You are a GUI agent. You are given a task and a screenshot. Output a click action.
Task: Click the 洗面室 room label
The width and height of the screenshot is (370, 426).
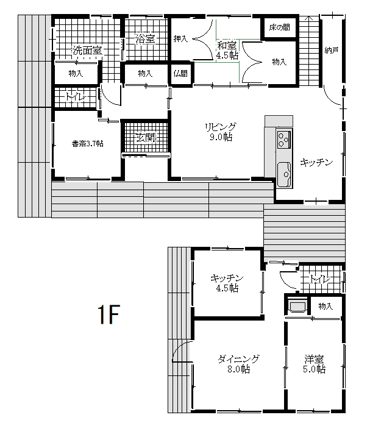pyautogui.click(x=87, y=50)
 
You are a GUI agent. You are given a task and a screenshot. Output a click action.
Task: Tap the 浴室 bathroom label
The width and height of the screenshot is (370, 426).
pyautogui.click(x=145, y=39)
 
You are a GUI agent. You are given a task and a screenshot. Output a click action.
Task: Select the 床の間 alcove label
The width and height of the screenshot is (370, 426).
pyautogui.click(x=279, y=27)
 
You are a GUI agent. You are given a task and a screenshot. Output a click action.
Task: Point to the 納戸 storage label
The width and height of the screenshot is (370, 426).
pyautogui.click(x=332, y=50)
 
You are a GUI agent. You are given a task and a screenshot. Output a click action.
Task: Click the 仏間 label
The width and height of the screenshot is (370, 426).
pyautogui.click(x=180, y=73)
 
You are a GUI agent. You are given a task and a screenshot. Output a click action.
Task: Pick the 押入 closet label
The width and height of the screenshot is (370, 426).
pyautogui.click(x=180, y=39)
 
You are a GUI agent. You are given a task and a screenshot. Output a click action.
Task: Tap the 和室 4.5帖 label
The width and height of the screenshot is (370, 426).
pyautogui.click(x=227, y=50)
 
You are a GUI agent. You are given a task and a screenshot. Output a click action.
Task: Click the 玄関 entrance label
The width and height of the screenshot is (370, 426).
pyautogui.click(x=146, y=138)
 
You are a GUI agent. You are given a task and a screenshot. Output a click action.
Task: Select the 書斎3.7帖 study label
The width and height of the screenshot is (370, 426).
pyautogui.click(x=88, y=143)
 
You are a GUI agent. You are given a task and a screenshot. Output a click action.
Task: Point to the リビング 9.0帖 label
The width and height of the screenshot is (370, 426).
pyautogui.click(x=221, y=132)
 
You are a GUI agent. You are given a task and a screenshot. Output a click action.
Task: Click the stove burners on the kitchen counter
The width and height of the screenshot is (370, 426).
pyautogui.click(x=284, y=139)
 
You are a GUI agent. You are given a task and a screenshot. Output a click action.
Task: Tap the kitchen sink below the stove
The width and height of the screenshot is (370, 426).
pyautogui.click(x=284, y=175)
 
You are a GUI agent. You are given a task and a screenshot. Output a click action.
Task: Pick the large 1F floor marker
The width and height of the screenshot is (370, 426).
pyautogui.click(x=109, y=314)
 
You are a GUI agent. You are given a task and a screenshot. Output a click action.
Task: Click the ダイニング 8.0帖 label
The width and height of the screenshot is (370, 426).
pyautogui.click(x=238, y=364)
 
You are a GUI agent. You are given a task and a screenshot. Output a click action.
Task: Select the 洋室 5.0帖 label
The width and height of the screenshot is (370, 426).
pyautogui.click(x=315, y=364)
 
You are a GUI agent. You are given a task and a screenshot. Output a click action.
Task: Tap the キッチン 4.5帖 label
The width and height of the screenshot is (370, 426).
pyautogui.click(x=227, y=283)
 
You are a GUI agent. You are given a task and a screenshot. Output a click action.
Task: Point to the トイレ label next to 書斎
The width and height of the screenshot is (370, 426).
pyautogui.click(x=76, y=97)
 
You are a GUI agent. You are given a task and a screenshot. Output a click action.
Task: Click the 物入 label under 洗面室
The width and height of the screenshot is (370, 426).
pyautogui.click(x=76, y=73)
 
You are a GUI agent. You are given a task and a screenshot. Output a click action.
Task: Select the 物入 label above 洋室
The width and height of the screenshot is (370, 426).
pyautogui.click(x=326, y=307)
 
